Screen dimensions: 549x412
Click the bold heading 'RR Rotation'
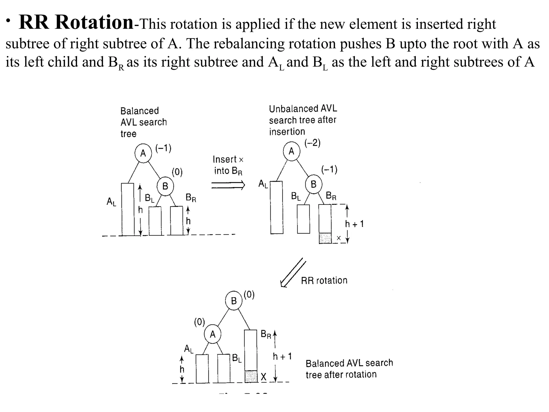coord(76,22)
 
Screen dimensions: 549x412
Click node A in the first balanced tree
coord(143,153)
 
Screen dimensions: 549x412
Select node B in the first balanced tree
coord(165,186)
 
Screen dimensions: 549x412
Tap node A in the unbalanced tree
coord(291,152)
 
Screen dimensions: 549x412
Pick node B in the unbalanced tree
coord(313,184)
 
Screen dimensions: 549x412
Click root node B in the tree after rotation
coord(234,301)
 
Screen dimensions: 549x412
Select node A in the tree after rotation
coord(213,334)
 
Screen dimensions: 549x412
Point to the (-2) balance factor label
coord(313,143)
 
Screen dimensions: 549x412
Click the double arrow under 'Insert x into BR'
coord(228,185)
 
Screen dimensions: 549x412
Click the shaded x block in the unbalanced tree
coord(325,238)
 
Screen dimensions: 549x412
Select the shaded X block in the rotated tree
coord(251,376)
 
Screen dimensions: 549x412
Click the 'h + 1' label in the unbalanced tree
coord(354,224)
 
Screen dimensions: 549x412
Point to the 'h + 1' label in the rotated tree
coord(282,356)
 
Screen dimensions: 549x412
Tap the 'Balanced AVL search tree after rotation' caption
coord(349,369)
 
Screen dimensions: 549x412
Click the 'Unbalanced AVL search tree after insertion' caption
coord(303,120)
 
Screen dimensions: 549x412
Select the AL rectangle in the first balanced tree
coord(128,209)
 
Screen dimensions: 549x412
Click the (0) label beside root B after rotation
coord(249,295)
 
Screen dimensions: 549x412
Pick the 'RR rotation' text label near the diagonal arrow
coord(324,281)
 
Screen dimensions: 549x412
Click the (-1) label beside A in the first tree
coord(163,148)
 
